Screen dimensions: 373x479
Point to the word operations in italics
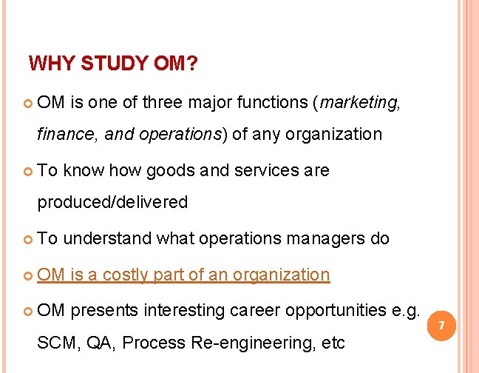(188, 134)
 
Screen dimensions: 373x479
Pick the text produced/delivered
(112, 202)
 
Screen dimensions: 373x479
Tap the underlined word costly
(127, 275)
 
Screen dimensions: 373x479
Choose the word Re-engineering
(253, 342)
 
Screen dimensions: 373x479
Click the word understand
(109, 238)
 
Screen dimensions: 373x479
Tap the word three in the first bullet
(161, 103)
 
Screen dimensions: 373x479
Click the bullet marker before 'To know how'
(28, 171)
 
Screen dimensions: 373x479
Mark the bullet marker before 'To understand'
(28, 239)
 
